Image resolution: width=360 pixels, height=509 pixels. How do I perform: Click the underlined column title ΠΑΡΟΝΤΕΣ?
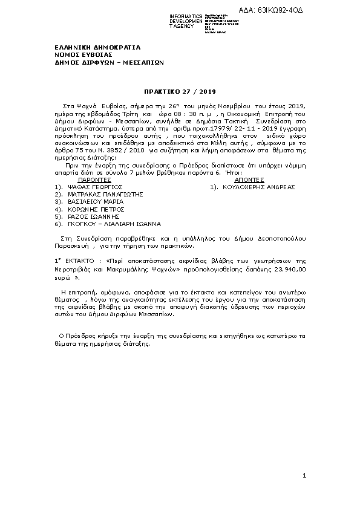[x=95, y=180]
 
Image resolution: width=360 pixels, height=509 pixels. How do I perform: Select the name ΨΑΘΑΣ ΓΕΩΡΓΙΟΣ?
[x=96, y=187]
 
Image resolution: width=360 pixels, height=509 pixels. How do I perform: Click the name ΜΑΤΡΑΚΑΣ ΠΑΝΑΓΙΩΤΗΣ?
[x=105, y=194]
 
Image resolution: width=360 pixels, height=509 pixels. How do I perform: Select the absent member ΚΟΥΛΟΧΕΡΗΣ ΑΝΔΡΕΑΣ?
[x=258, y=187]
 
